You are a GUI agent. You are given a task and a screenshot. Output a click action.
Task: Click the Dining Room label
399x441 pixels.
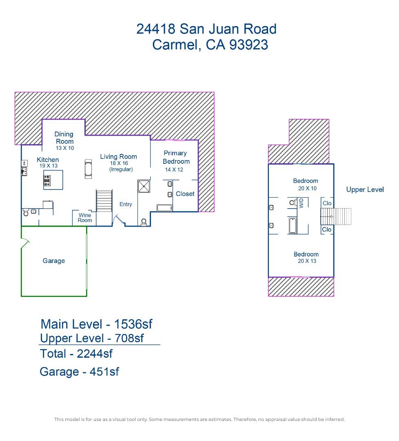[64, 138]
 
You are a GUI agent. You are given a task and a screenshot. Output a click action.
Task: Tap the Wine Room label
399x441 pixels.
[85, 218]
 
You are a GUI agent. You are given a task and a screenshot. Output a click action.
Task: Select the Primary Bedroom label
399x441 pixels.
[175, 157]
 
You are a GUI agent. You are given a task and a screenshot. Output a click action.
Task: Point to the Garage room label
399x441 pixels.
[53, 261]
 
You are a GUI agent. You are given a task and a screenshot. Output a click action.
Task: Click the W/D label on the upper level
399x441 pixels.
[301, 203]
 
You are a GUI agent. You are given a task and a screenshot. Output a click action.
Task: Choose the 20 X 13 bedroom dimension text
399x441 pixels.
[307, 261]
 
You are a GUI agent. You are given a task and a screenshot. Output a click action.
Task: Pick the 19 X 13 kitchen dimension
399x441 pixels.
[49, 166]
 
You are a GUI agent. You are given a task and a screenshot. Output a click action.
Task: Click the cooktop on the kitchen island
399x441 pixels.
[47, 180]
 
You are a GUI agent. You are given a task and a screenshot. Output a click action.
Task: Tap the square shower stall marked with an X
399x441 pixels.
[144, 187]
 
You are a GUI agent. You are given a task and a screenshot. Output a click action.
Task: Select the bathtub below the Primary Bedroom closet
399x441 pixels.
[165, 208]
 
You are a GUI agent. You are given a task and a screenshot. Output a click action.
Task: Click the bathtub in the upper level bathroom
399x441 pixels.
[293, 225]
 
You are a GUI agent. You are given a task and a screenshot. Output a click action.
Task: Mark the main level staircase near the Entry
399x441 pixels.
[104, 200]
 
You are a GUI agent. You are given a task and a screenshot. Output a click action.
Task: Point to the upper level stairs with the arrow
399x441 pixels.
[336, 216]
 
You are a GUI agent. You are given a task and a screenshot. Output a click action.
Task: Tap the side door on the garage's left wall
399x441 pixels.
[26, 244]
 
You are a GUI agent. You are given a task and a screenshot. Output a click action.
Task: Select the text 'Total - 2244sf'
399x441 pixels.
[76, 353]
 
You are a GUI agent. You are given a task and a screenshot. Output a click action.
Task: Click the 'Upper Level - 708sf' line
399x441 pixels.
[92, 338]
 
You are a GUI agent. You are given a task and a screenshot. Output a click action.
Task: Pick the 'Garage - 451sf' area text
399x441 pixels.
[79, 372]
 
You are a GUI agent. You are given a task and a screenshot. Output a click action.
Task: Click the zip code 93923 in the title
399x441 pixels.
[248, 45]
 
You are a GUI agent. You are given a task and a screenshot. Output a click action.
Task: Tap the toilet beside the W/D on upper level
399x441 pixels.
[292, 203]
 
